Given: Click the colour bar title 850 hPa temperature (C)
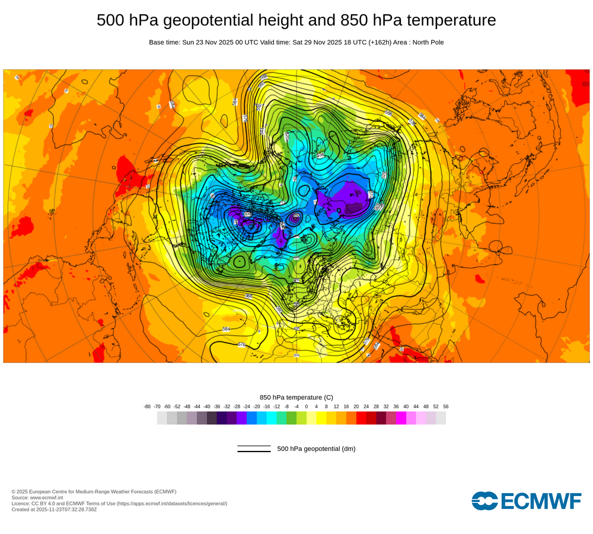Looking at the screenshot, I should coord(296,397).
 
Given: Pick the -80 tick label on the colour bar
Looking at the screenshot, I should coord(147,406).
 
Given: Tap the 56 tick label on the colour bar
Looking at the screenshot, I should coord(445,406).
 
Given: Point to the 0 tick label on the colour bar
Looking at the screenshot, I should coord(307,406).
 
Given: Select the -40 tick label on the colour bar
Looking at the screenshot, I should coord(207,406).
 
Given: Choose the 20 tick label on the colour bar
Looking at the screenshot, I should coord(356,406).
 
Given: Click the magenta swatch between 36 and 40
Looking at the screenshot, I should coord(401,418).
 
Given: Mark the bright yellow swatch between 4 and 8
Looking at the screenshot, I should coord(321,418).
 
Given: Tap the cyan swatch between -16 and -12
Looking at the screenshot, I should coord(272,418).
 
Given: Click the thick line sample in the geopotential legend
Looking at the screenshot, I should coord(254,452).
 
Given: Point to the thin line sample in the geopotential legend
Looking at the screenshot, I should coord(254,446).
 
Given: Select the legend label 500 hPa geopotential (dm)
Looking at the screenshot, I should coord(316,449).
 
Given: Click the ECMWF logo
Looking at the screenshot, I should coord(527,501).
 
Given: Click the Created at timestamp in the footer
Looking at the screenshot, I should coord(54,509).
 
